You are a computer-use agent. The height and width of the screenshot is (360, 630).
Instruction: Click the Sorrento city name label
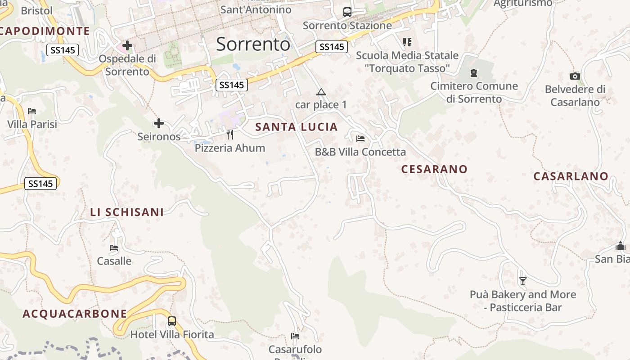click(253, 44)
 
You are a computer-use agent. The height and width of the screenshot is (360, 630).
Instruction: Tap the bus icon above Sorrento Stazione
click(347, 12)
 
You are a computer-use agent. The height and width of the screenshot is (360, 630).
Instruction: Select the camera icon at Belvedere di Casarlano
click(575, 76)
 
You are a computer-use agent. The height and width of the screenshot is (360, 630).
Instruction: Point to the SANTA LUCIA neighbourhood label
click(297, 127)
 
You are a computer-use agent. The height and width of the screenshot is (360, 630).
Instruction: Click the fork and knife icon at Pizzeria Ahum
click(230, 134)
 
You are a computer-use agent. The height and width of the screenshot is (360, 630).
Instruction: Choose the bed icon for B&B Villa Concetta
click(360, 138)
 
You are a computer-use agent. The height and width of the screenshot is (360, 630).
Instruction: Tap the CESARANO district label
click(434, 169)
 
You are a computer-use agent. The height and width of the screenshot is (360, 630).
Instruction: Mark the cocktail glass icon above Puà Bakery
click(522, 281)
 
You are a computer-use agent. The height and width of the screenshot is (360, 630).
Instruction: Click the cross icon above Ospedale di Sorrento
click(127, 45)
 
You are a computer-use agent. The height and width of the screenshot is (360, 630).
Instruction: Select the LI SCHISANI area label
click(127, 212)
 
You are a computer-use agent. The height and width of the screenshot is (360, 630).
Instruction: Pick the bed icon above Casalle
click(114, 247)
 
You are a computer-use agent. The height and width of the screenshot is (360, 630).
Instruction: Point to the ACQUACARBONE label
click(75, 314)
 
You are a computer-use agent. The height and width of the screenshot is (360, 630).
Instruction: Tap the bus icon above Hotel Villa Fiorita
click(172, 321)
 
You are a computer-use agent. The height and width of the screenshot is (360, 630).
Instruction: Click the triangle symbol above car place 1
click(321, 92)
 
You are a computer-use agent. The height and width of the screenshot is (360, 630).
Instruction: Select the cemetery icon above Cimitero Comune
click(473, 72)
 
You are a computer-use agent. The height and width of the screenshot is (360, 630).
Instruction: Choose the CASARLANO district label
click(571, 176)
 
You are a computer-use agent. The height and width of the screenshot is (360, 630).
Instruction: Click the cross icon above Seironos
click(159, 123)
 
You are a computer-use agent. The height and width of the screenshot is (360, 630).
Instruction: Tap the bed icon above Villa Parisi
click(32, 111)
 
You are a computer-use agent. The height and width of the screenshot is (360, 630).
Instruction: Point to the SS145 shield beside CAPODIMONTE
click(63, 50)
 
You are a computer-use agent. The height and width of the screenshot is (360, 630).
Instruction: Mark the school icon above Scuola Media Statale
click(407, 42)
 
